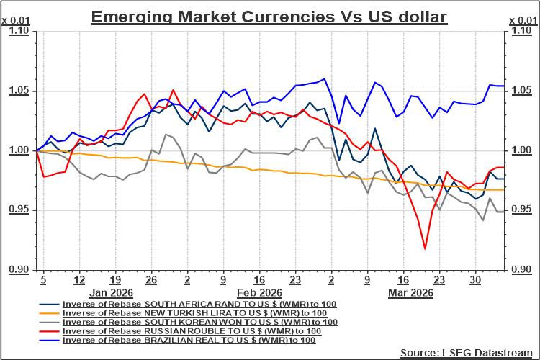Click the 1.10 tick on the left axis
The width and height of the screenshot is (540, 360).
(x=19, y=32)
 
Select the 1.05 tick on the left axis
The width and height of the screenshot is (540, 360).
(x=19, y=91)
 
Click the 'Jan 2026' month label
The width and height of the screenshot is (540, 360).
(x=111, y=293)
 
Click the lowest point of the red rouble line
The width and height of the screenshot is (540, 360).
(x=425, y=248)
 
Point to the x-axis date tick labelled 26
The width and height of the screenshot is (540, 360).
(x=151, y=280)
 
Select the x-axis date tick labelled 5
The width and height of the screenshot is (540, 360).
(x=43, y=280)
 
